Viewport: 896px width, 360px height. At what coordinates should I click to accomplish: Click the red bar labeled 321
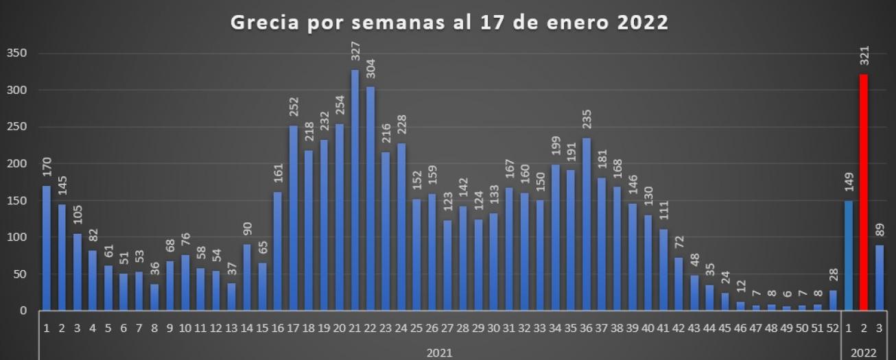(x=864, y=192)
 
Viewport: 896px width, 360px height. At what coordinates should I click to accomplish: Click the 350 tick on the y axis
(x=17, y=53)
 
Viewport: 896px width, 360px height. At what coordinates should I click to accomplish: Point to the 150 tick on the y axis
(x=17, y=201)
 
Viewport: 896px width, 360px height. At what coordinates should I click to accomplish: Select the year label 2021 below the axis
(x=439, y=352)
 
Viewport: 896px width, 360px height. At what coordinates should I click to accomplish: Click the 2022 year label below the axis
(x=864, y=352)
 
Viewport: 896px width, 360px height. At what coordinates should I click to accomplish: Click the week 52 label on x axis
(x=832, y=328)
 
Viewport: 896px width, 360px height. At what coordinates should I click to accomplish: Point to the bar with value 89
(x=880, y=278)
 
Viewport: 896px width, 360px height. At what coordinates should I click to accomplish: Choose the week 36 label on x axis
(x=586, y=328)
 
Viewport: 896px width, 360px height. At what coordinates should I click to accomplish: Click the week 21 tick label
(x=355, y=328)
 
